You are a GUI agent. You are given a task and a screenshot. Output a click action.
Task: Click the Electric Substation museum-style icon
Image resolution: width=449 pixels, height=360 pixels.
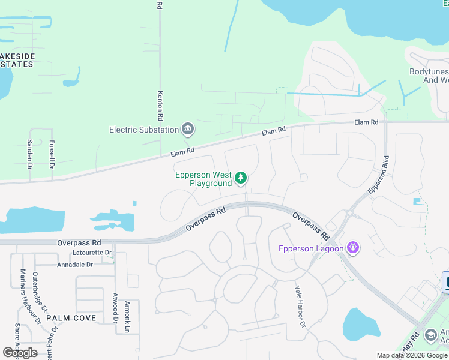coord(188,130)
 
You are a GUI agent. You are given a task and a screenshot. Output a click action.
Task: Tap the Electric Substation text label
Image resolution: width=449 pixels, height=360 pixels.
coord(144,130)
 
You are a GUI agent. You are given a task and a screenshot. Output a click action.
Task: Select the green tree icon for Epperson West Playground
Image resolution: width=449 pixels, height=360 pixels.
coord(241,178)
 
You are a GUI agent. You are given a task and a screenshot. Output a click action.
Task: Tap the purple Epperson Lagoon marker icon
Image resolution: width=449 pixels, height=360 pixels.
coord(353,248)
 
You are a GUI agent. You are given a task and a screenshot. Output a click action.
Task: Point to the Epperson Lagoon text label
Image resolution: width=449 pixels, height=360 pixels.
coord(311,248)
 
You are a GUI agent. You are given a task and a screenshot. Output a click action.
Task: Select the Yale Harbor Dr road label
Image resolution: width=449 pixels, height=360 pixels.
coord(300,306)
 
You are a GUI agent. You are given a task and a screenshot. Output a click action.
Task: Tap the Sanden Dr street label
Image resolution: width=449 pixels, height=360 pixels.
coord(29,152)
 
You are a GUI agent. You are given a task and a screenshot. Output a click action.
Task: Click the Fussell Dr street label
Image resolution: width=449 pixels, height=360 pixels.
coord(52,153)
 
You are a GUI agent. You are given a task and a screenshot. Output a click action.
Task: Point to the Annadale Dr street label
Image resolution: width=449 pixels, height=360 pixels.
coord(75,265)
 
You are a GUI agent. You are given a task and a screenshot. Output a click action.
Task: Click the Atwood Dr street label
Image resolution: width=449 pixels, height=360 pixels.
coord(115,308)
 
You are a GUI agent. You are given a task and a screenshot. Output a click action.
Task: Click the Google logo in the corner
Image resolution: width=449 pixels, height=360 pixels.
coord(20,353)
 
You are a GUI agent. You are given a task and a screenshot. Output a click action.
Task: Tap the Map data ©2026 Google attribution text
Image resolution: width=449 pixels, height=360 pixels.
coord(411,355)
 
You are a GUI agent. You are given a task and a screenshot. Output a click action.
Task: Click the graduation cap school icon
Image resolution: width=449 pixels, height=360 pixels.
coord(430,335)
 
